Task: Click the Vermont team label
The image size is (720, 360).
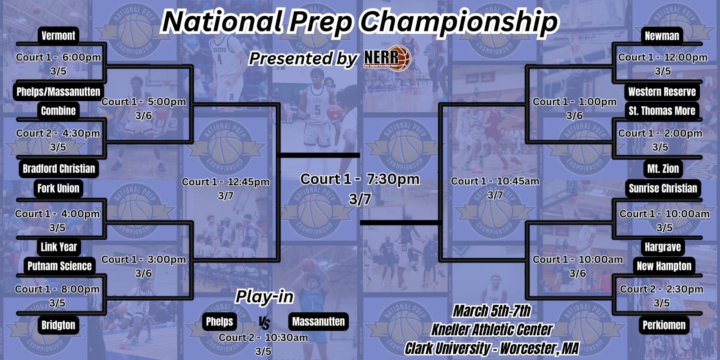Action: (58, 36)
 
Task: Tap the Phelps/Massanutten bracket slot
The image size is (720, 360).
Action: (58, 92)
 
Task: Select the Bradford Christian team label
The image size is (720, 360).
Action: (59, 169)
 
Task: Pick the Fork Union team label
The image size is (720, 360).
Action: (58, 189)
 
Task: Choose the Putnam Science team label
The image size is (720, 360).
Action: (59, 266)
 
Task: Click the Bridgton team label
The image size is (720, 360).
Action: (58, 325)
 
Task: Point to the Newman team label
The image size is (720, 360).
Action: (662, 36)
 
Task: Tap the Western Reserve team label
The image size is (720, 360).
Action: (662, 92)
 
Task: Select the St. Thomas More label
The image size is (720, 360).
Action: (662, 111)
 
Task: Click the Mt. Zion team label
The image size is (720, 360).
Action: (663, 169)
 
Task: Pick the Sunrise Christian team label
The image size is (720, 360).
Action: (663, 189)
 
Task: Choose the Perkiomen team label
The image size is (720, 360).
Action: (664, 325)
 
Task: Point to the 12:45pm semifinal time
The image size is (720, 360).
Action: (248, 182)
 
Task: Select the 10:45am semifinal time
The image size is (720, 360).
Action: (518, 181)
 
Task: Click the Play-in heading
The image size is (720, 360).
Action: (265, 297)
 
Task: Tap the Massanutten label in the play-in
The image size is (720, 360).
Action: (318, 321)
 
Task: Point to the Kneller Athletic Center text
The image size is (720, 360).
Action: (492, 329)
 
